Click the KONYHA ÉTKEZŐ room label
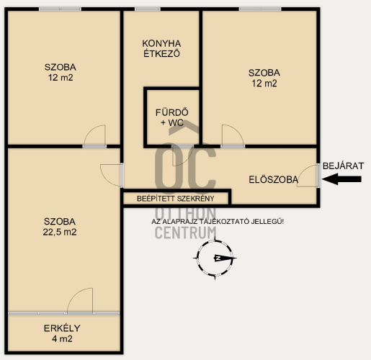161,48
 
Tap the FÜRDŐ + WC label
172,117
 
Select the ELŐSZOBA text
274,179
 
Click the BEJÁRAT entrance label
343,166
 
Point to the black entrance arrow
341,179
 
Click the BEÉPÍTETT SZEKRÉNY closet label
176,199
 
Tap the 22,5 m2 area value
60,232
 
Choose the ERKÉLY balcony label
62,328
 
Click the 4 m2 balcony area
62,339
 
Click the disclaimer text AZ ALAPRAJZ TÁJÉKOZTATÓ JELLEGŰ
218,222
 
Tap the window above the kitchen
148,9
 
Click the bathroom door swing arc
186,161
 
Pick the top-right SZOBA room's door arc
238,131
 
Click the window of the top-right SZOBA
260,9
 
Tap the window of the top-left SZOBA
60,9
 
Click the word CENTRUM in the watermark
186,233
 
